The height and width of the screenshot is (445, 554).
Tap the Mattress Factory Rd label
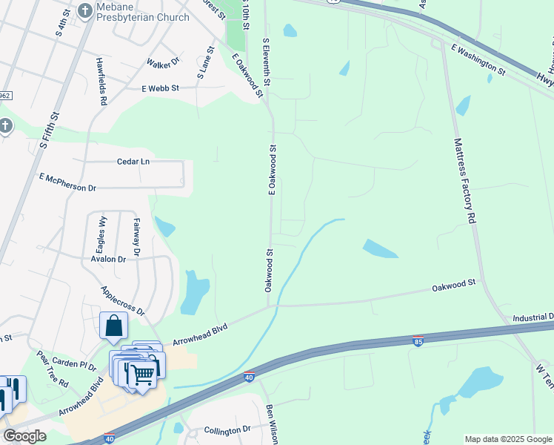coord(464,181)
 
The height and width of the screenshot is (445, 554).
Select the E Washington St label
coord(478,59)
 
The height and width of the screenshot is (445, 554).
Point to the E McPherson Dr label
coord(67,182)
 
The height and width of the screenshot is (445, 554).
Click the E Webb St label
coord(161,88)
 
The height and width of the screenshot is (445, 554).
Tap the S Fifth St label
coord(50,131)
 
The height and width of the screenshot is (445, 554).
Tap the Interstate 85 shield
coord(418,340)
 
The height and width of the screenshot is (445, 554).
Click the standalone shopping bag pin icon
coord(113,325)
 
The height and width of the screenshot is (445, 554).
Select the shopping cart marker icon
coord(142,374)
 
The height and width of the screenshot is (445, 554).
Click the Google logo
coord(24,436)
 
